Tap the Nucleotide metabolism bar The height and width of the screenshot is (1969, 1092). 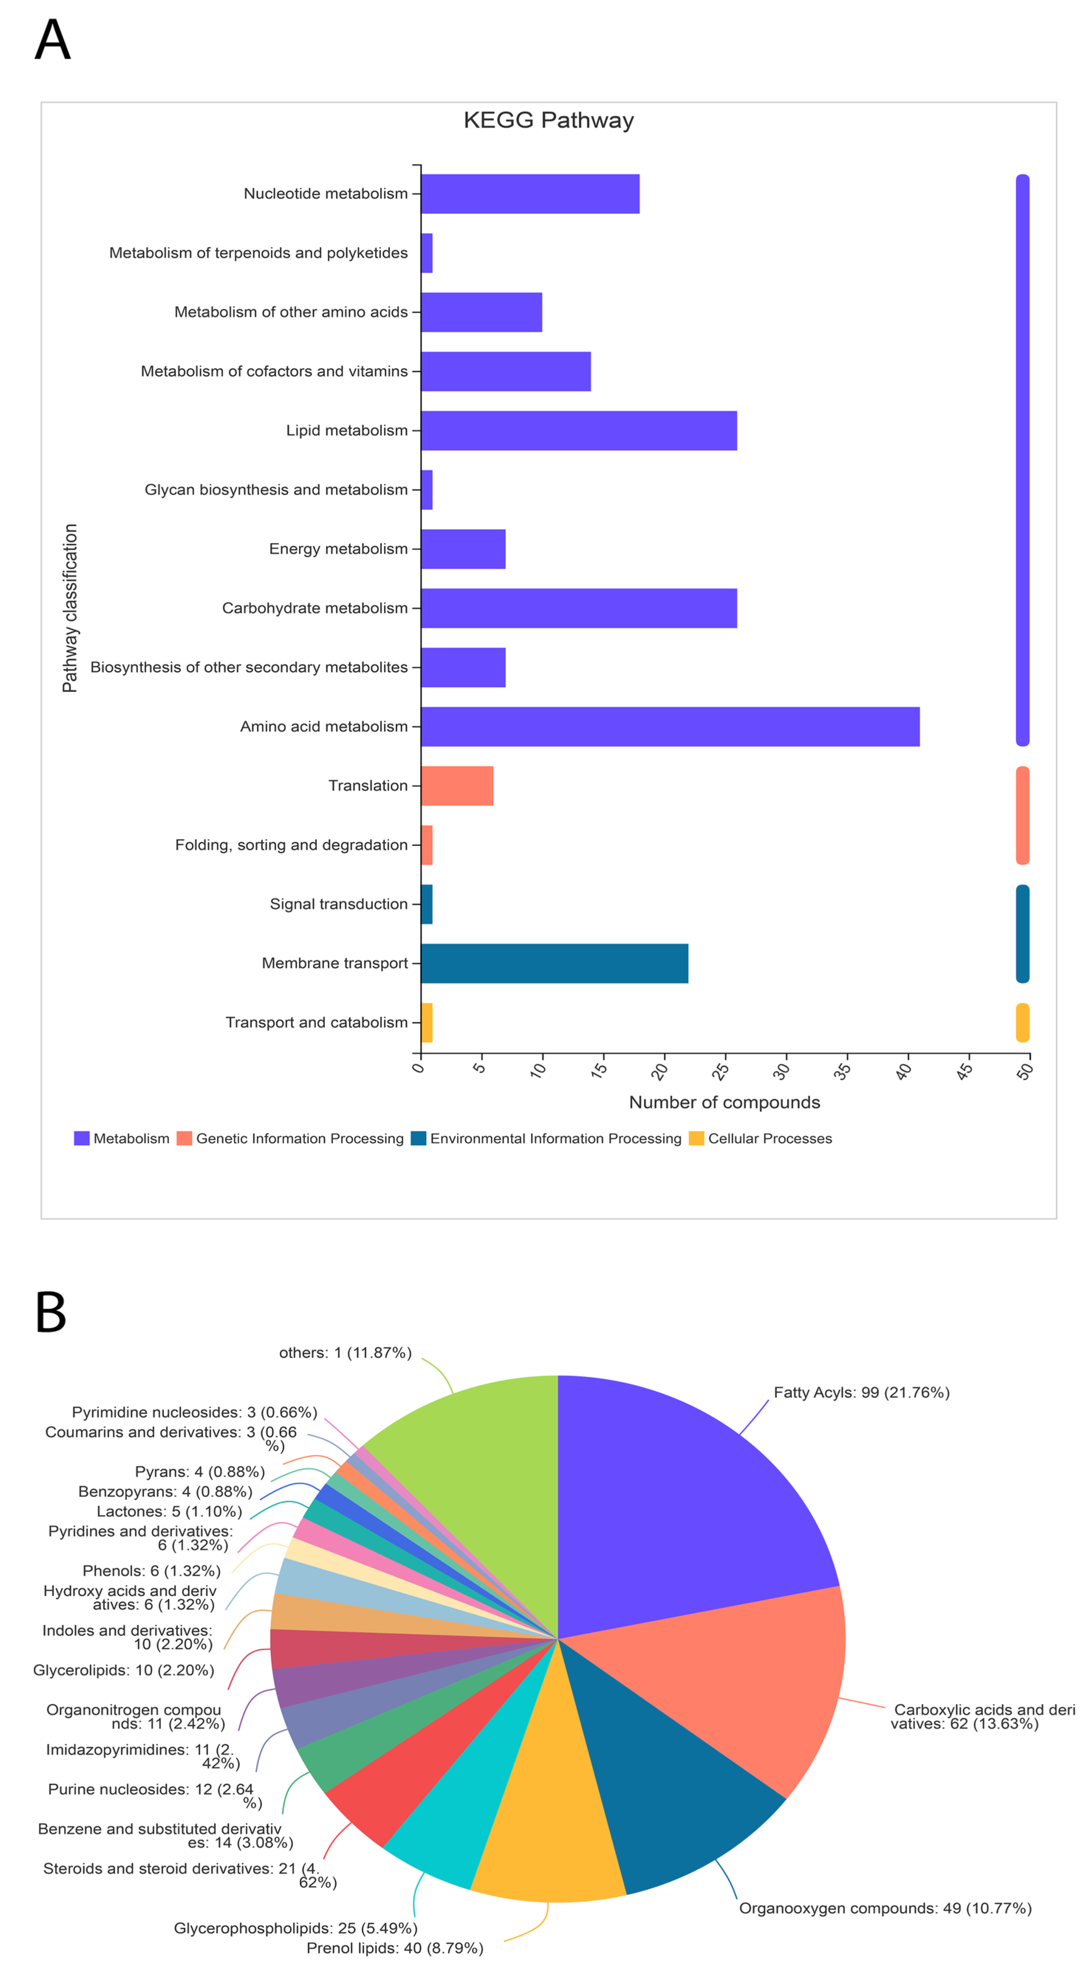tap(529, 193)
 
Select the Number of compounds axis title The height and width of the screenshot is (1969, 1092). tap(724, 1101)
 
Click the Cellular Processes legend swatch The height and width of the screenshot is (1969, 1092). tap(696, 1138)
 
